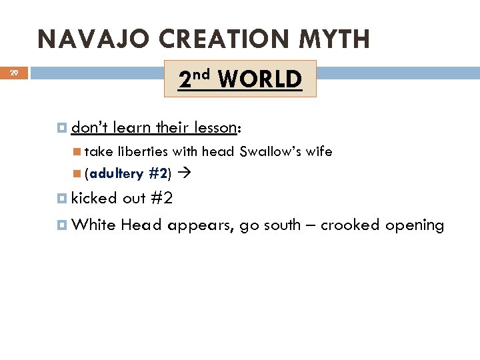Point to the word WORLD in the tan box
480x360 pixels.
[259, 80]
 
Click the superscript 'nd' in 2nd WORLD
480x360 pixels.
[203, 73]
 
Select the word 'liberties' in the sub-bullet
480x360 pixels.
[143, 151]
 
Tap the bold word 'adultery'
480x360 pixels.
[117, 174]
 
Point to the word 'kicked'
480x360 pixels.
[94, 198]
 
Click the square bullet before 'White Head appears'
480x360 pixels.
[62, 225]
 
